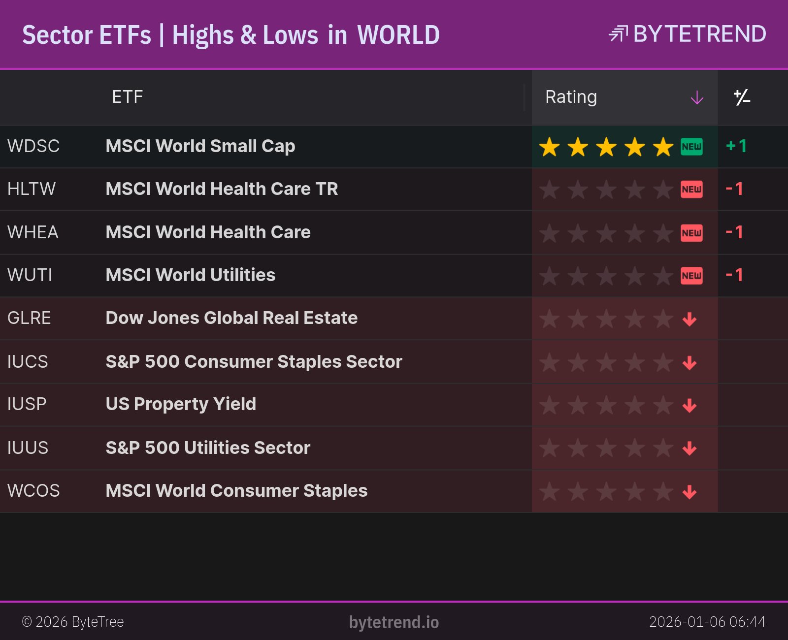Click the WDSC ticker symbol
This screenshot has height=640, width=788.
[33, 146]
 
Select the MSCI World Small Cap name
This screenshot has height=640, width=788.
[200, 146]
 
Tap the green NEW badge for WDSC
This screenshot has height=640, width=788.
[691, 147]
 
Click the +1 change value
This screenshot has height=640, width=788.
[736, 146]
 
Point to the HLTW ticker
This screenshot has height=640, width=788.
[32, 189]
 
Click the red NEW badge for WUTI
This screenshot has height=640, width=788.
[691, 276]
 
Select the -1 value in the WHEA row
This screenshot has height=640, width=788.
[734, 232]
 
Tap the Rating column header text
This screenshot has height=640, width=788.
[571, 97]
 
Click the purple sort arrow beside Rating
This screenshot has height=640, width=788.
[697, 97]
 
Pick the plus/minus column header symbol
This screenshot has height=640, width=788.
[742, 97]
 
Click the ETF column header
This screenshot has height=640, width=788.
[127, 97]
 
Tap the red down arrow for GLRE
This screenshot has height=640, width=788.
[689, 319]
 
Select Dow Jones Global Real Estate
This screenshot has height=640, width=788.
[231, 318]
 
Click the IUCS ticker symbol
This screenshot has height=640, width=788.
[28, 362]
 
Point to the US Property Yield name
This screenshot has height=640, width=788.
[181, 404]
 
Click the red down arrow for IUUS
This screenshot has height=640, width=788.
[689, 448]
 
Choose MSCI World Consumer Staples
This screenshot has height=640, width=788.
[236, 491]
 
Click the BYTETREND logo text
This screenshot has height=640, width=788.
[699, 34]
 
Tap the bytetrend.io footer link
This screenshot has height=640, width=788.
[394, 622]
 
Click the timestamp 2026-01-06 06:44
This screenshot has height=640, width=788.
[707, 622]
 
